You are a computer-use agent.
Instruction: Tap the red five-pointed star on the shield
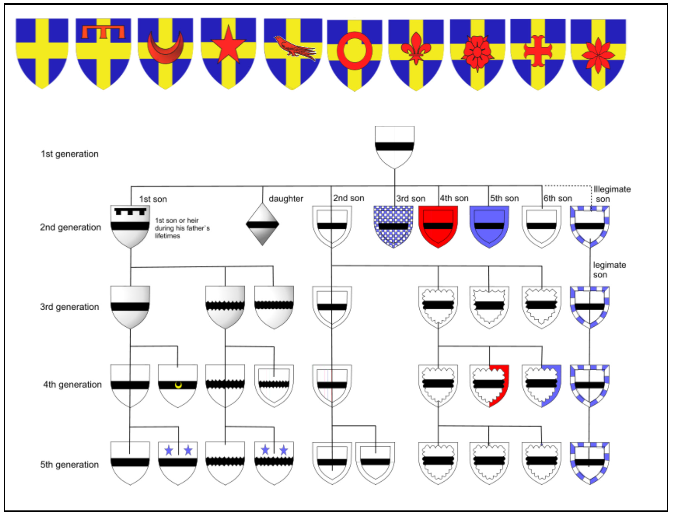click(x=228, y=46)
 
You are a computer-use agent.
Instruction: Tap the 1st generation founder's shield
click(x=394, y=146)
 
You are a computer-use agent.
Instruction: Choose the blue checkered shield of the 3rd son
click(x=393, y=226)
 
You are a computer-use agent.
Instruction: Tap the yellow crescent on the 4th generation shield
click(x=178, y=385)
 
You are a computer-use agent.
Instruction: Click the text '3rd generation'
click(x=70, y=307)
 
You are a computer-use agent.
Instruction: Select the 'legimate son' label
click(x=609, y=269)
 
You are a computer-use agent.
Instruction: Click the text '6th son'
click(x=557, y=198)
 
